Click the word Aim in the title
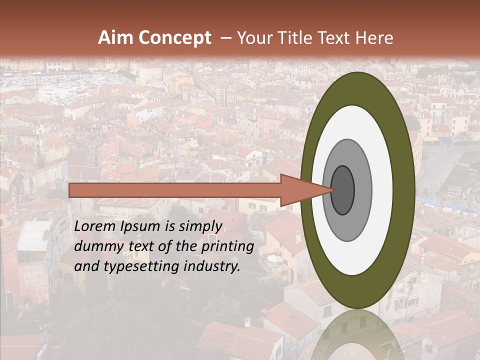tap(115, 38)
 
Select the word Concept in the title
tap(174, 38)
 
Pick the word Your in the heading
tap(254, 38)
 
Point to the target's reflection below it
tap(357, 335)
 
